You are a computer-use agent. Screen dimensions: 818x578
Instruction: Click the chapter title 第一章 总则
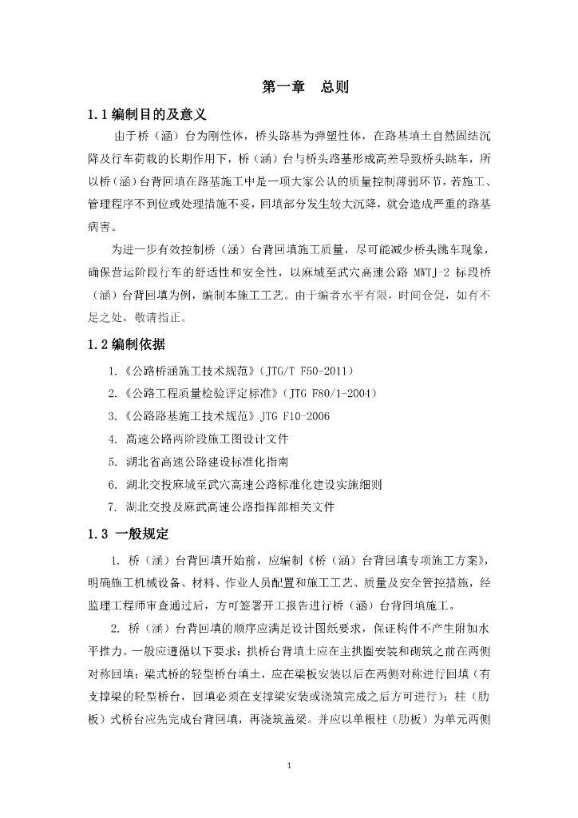coord(305,87)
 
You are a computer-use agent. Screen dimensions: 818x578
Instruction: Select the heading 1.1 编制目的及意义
coord(148,115)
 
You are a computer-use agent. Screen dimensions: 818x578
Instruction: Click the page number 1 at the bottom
coord(289,766)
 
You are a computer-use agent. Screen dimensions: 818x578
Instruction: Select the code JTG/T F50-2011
coord(304,371)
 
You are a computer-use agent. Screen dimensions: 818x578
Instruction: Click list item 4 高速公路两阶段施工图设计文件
coord(200,439)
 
